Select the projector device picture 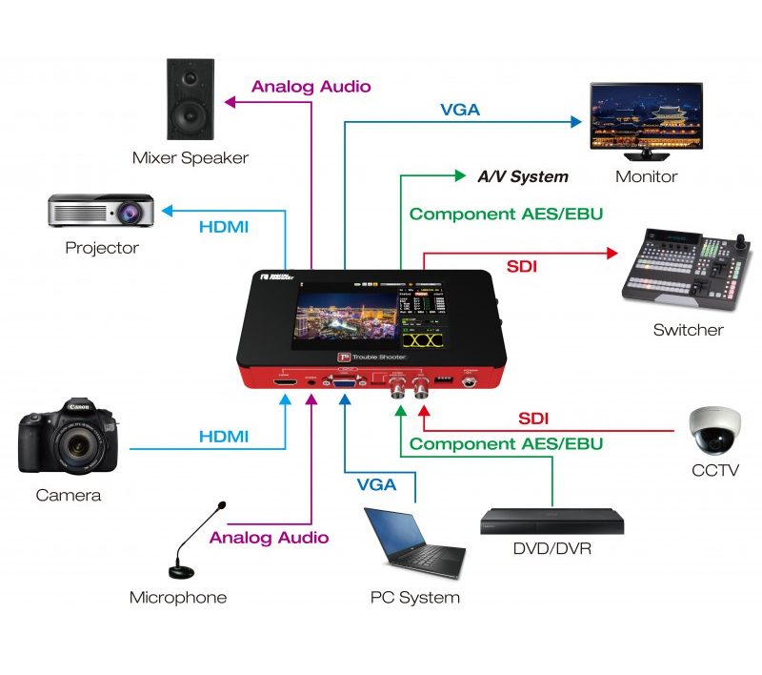tap(102, 211)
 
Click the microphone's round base tap(184, 571)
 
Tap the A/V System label tap(523, 176)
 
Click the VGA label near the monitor tap(459, 110)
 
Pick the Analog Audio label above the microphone tap(269, 538)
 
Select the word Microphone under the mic tap(178, 598)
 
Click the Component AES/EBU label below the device tap(506, 443)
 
